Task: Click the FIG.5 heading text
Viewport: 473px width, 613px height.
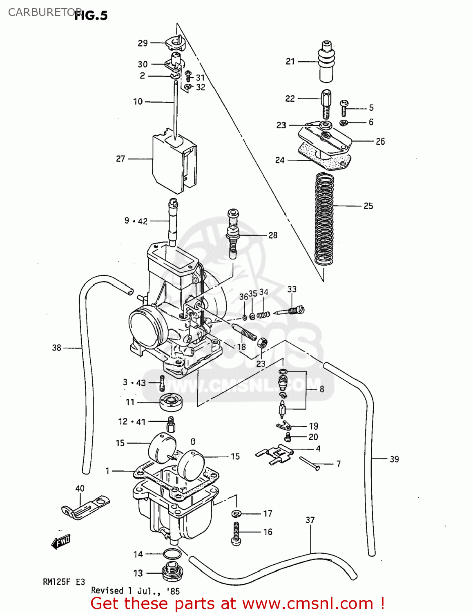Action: coord(91,16)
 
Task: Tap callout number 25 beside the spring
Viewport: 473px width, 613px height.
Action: coord(368,206)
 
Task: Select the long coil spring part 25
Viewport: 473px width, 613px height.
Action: coord(324,219)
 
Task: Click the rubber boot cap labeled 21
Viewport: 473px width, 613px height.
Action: coord(326,61)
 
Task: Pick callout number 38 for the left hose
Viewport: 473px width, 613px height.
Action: coord(56,348)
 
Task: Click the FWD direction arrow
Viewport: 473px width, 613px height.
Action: coord(61,542)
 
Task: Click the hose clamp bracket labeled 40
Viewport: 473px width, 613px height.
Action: coord(86,507)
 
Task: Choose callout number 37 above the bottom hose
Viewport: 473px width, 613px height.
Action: coord(310,520)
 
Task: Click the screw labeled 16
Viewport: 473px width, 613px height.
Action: coord(237,533)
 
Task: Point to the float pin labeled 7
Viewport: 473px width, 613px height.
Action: coord(310,463)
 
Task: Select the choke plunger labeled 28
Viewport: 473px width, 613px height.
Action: coord(233,234)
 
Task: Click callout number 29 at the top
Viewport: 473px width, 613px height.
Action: coord(143,43)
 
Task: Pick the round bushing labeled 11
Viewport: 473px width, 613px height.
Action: coord(171,402)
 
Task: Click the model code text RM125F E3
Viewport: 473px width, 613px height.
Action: coord(64,582)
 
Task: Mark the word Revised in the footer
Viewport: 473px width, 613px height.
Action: coord(107,591)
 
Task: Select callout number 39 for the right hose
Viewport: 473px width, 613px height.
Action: coord(394,459)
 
